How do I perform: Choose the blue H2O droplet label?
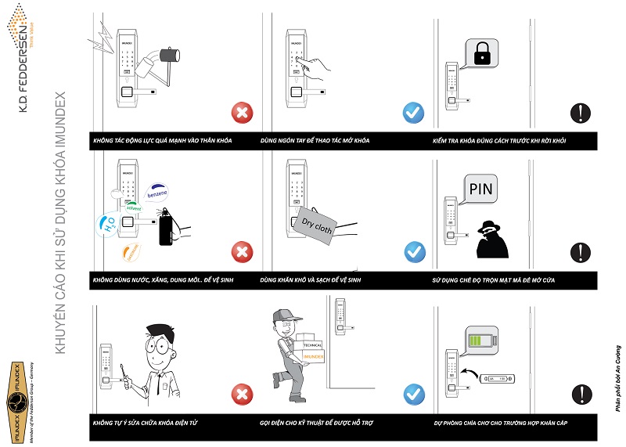tap(108, 225)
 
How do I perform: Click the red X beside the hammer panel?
tap(243, 114)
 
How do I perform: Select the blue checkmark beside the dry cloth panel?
tap(414, 252)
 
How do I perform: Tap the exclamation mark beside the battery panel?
tap(580, 394)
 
